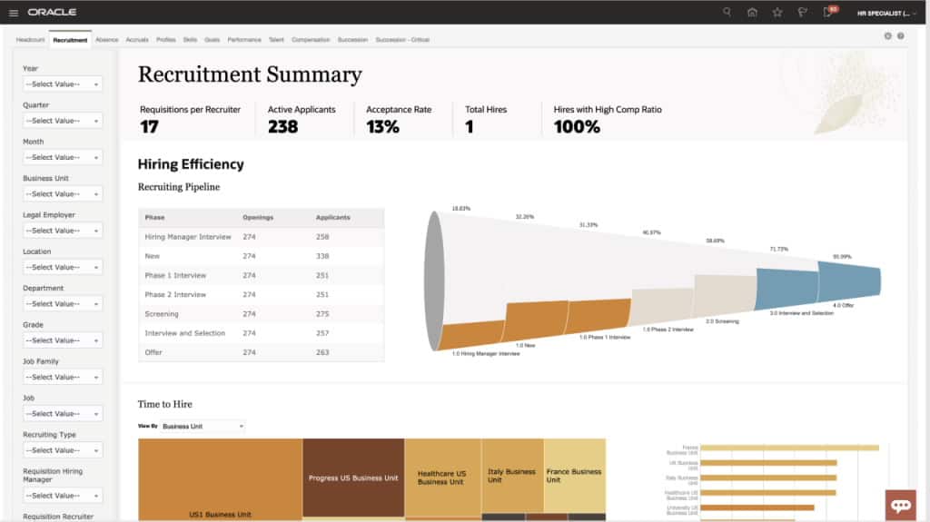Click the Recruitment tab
(70, 40)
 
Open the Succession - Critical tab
(401, 40)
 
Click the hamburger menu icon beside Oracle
(13, 13)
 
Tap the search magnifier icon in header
(727, 12)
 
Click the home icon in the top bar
(752, 12)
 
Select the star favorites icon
(777, 12)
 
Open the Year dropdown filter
(63, 84)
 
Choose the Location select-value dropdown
(63, 267)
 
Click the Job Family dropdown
(63, 377)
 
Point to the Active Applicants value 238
(282, 127)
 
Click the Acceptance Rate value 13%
(382, 127)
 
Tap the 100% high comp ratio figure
(577, 127)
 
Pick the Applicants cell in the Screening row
(322, 314)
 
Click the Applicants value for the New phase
(322, 256)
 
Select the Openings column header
(258, 218)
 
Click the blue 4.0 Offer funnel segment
(848, 278)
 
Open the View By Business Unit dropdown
(202, 426)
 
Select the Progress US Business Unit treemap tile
(353, 478)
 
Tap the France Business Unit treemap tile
(574, 476)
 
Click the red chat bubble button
(901, 505)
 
